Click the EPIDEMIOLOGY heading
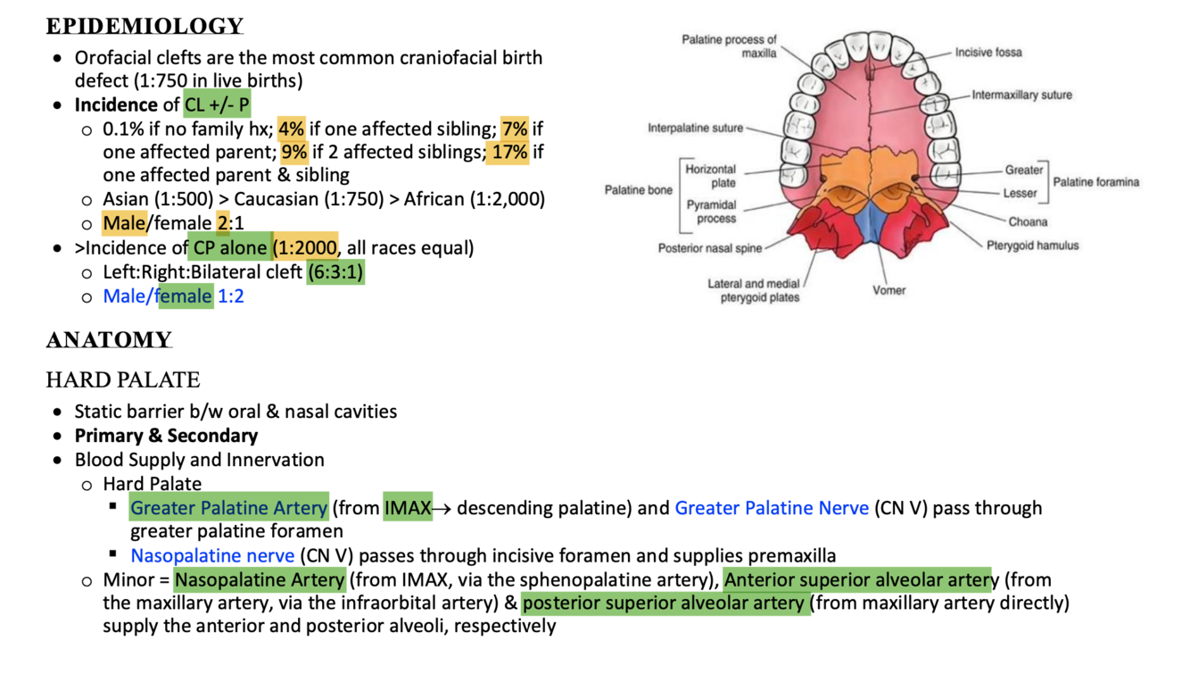[145, 26]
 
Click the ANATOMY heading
[109, 340]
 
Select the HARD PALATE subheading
[123, 380]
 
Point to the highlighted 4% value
[293, 129]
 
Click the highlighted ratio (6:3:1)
[335, 271]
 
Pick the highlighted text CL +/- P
[218, 105]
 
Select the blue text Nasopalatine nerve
[212, 555]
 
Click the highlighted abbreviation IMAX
[408, 508]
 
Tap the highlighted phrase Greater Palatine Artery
[228, 508]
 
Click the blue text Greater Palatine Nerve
[772, 508]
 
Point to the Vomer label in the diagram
[888, 290]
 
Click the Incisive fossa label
[988, 53]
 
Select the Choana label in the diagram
[1028, 221]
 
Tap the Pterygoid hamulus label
[1032, 246]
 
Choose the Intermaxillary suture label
[1021, 95]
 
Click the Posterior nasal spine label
[710, 248]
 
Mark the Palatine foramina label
[1096, 182]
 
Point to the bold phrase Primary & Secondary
[166, 436]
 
